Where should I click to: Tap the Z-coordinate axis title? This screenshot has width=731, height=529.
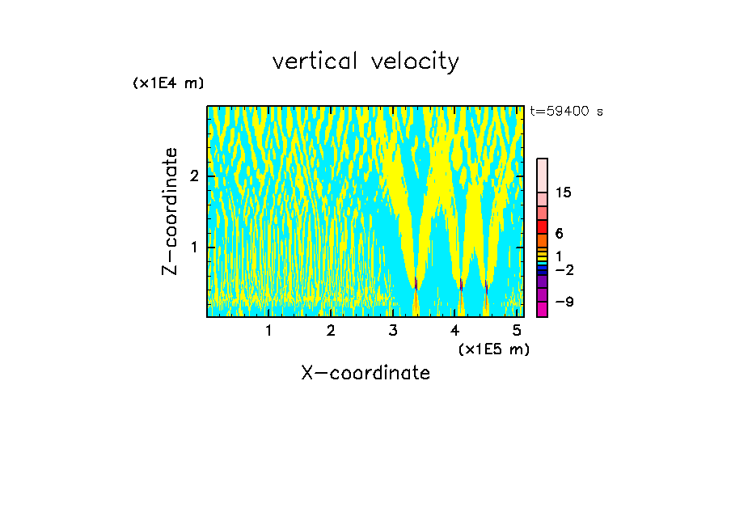point(170,211)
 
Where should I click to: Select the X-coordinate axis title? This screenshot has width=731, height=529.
point(365,373)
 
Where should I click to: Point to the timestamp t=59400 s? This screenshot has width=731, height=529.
point(566,112)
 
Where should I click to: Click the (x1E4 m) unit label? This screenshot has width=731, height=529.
point(168,83)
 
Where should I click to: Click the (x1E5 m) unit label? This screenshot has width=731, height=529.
point(493,349)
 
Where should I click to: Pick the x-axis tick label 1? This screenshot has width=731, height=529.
point(268,330)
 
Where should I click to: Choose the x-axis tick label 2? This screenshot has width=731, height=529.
point(331,330)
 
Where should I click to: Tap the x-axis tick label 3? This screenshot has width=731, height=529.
point(393,330)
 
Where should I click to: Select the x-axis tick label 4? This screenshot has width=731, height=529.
point(455,330)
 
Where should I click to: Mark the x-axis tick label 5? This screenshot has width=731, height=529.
point(518,330)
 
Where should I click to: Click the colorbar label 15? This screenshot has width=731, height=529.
point(564,193)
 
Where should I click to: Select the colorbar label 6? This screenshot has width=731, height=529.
point(559,234)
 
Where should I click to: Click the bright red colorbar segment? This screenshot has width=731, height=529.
point(542,226)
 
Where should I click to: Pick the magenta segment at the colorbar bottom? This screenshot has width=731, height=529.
point(542,309)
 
